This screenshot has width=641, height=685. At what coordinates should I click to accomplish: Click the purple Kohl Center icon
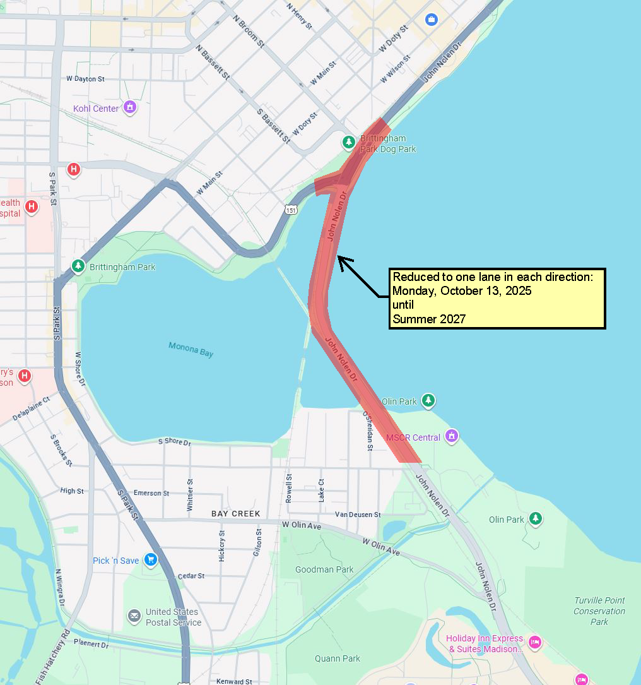tap(130, 107)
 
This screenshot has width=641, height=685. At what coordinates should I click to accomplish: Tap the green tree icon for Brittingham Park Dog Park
tap(348, 142)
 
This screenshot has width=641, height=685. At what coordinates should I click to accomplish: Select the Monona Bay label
tap(191, 348)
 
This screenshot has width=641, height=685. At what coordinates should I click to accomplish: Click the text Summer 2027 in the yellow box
tap(429, 319)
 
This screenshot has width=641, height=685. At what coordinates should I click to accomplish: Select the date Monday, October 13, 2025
tap(462, 291)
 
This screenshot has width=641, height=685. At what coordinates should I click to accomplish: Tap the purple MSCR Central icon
tap(451, 436)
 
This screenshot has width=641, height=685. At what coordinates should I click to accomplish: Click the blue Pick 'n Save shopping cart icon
tap(150, 559)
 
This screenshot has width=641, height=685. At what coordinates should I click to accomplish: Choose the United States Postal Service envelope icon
tap(134, 616)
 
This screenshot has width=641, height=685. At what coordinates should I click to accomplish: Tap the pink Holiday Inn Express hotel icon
tap(535, 642)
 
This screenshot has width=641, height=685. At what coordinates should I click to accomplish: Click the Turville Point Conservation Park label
tap(599, 611)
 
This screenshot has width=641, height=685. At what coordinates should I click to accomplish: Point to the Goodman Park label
tap(324, 569)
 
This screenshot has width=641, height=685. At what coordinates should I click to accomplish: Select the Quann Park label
tap(338, 658)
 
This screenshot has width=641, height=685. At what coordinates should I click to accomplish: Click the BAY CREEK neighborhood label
tap(236, 514)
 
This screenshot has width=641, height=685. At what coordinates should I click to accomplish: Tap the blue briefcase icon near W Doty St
tap(432, 20)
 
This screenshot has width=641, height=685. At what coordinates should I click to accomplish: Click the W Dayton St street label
tap(85, 79)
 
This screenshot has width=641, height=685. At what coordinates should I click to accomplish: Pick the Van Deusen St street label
tap(358, 515)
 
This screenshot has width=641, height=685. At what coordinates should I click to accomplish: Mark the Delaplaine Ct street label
tap(31, 409)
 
